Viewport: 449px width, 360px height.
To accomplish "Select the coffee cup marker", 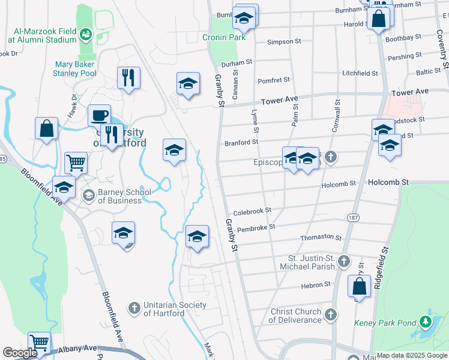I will coord(99,115).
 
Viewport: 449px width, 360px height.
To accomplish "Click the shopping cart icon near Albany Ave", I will coord(40,343).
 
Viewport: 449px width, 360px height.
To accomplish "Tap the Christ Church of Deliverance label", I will coord(295,316).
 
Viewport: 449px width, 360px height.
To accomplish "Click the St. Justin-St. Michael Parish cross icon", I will coord(343,261).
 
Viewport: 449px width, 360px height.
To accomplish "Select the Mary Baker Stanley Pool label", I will coord(76,68).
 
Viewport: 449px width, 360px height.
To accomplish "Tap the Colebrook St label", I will coord(252,211).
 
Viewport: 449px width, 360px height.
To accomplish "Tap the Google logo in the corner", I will coord(20,352).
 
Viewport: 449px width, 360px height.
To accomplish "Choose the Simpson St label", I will coord(284,42).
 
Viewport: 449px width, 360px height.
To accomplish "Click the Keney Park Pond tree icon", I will coord(426,321).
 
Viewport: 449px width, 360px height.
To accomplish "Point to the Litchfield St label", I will coord(360,73).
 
